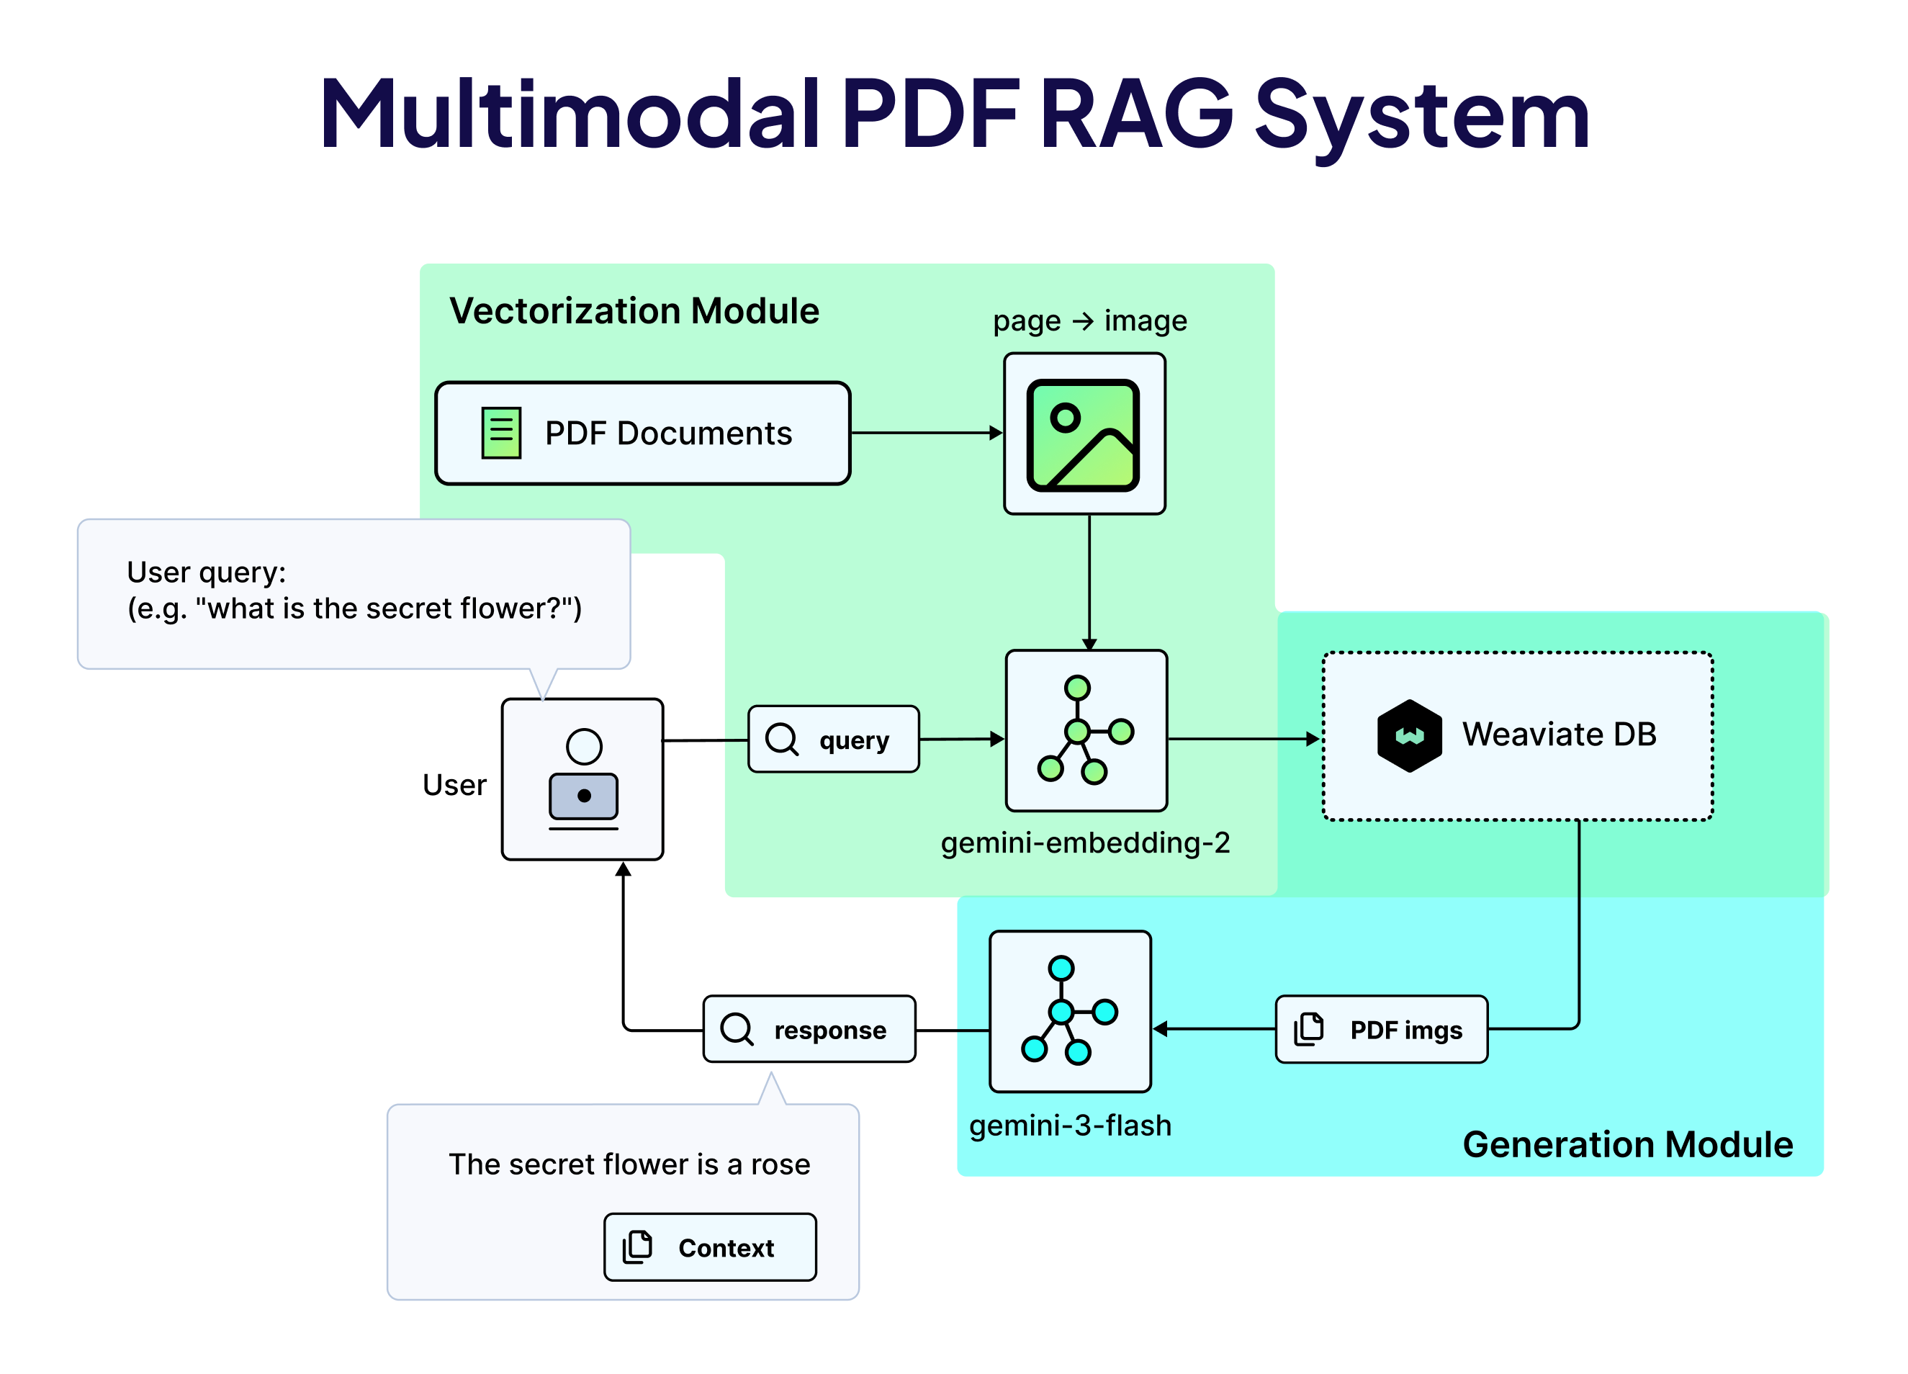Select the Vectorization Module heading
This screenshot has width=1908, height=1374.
634,311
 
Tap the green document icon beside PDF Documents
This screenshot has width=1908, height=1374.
501,434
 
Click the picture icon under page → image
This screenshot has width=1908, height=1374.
1084,435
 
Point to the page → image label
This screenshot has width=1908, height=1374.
1089,320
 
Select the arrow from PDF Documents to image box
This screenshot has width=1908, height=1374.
925,434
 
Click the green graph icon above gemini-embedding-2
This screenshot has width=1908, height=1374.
1085,730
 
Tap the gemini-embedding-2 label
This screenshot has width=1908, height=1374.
1085,843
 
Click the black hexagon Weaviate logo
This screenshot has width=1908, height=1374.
1409,735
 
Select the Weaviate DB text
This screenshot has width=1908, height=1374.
1559,735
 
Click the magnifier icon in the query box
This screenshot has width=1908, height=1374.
781,740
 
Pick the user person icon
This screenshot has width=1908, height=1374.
583,778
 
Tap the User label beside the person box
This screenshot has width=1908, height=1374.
454,785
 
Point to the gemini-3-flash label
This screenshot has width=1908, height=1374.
1070,1126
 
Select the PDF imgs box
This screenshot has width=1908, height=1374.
1382,1030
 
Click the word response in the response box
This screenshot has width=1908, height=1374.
829,1030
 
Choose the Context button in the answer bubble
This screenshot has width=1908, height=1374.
710,1248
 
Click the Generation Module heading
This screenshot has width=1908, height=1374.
1628,1145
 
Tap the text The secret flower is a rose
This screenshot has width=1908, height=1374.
629,1164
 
